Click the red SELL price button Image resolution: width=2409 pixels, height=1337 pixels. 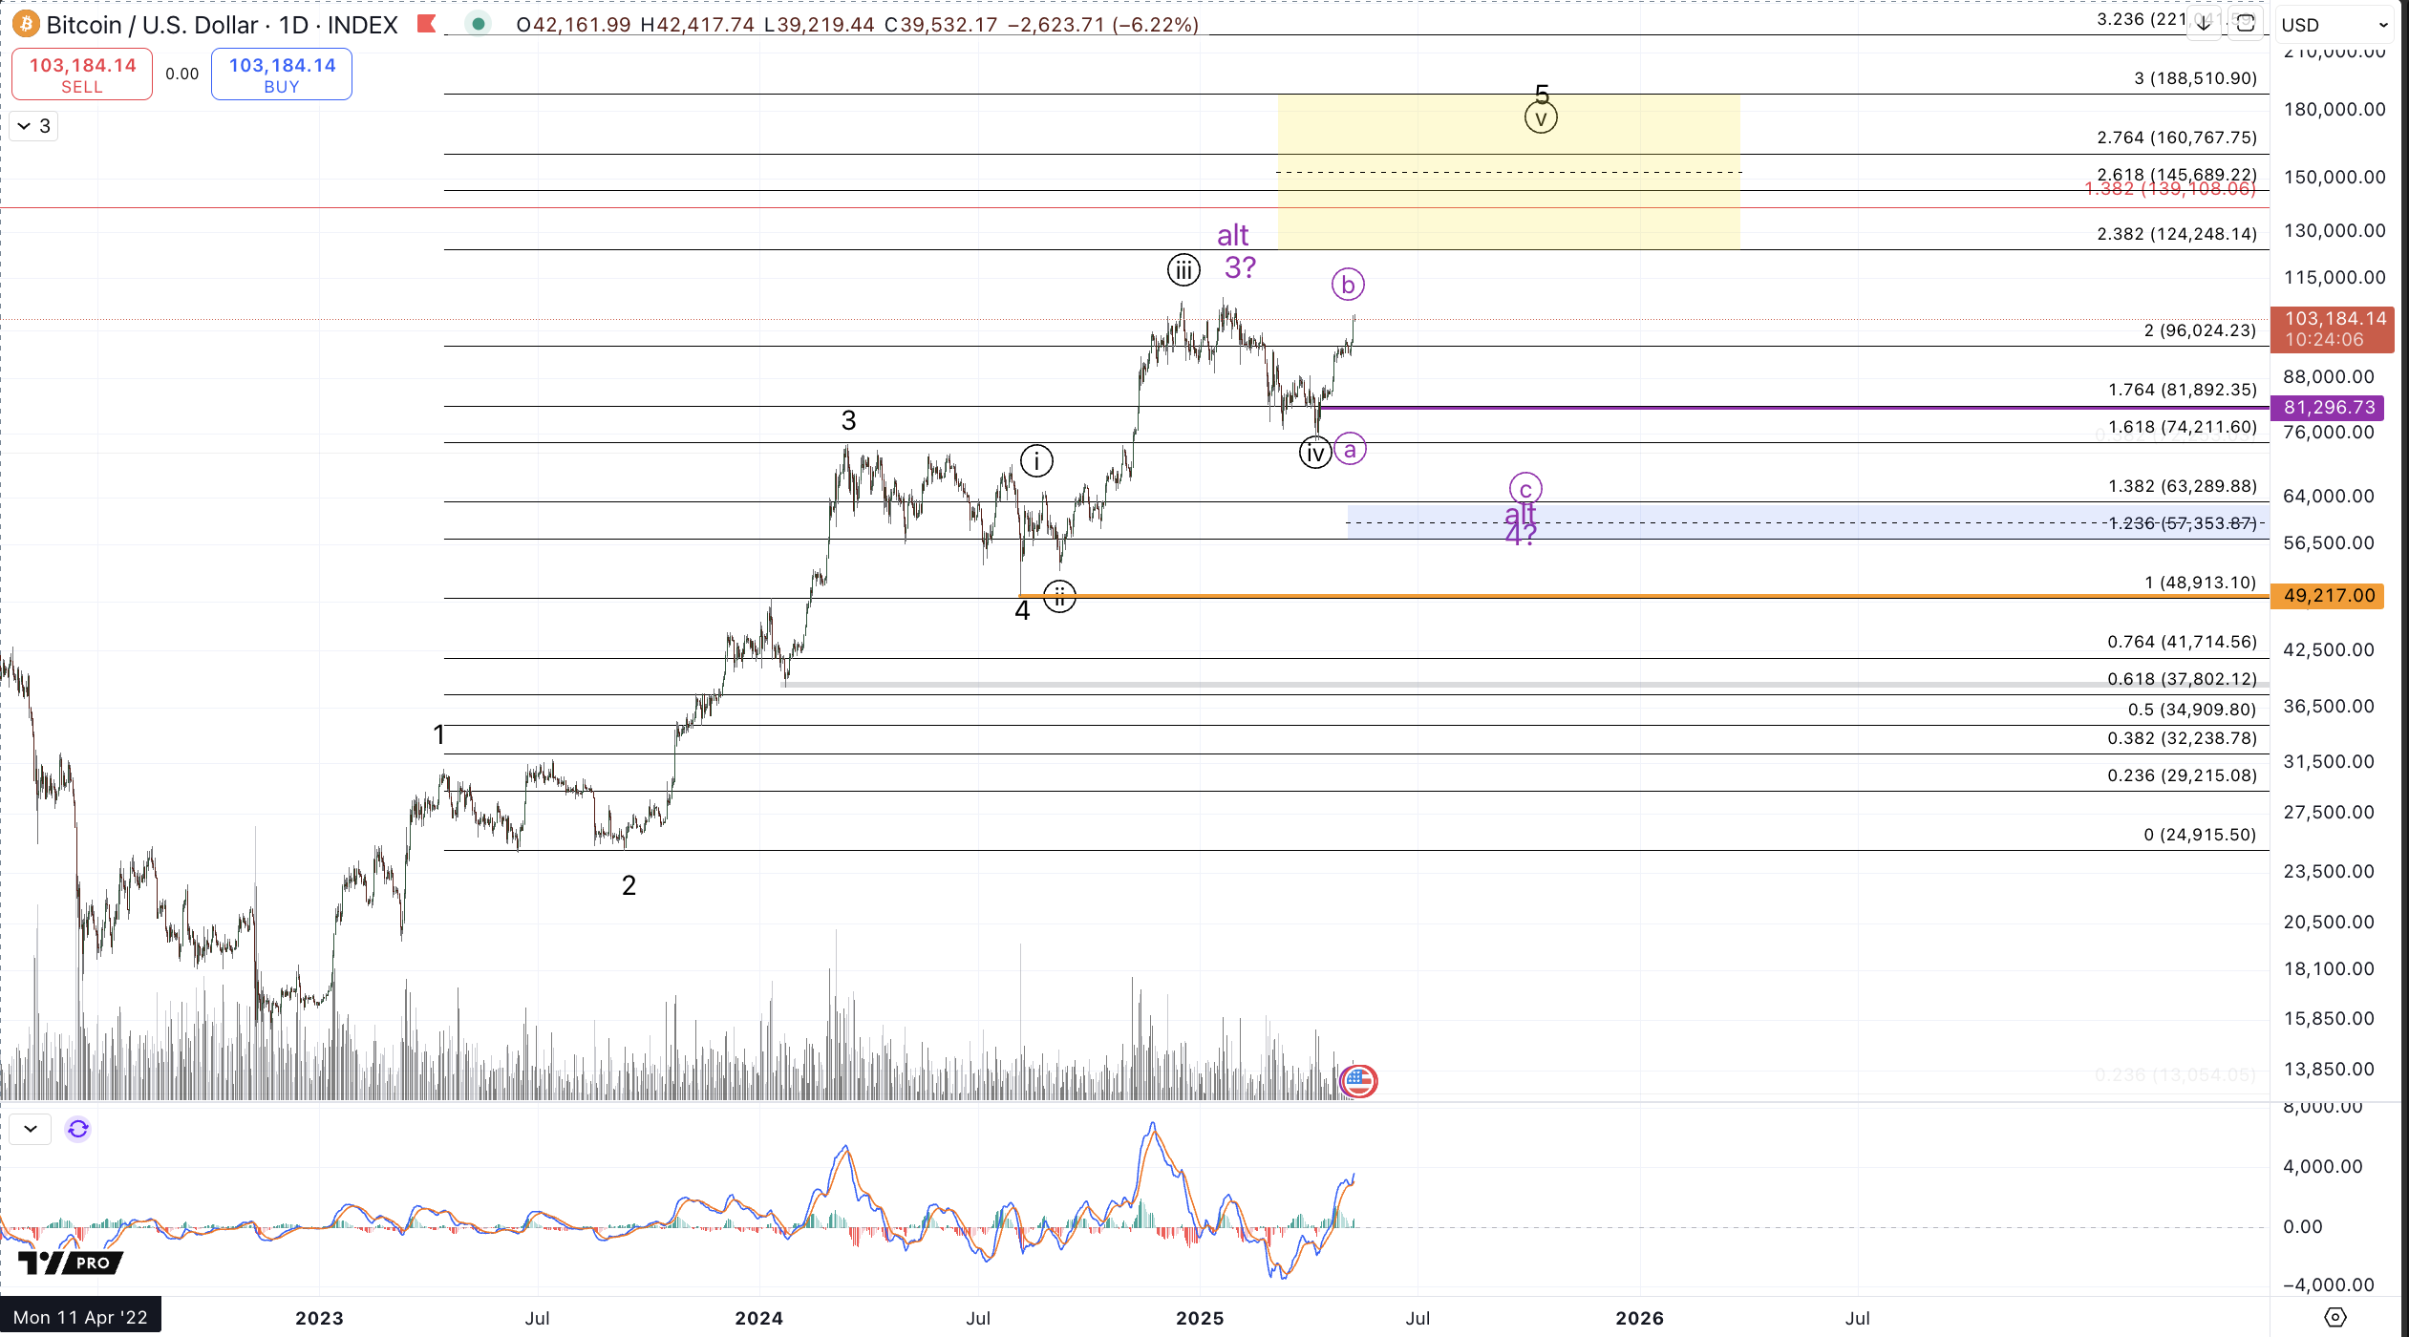coord(82,74)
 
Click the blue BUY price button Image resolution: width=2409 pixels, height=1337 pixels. coord(282,74)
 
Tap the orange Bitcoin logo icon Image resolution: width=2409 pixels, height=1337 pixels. coord(26,24)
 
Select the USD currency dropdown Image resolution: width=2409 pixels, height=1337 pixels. coord(2334,25)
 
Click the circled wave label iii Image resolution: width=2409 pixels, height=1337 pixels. coord(1183,270)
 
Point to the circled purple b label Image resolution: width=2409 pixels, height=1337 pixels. coord(1348,285)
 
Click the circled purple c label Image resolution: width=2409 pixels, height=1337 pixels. coord(1525,489)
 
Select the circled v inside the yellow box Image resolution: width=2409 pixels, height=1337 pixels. coord(1541,118)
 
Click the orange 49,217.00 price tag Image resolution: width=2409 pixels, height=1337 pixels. coord(2328,596)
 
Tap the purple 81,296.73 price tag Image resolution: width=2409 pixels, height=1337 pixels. coord(2328,408)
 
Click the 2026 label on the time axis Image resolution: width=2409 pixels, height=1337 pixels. coord(1639,1318)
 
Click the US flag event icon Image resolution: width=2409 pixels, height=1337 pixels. coord(1358,1081)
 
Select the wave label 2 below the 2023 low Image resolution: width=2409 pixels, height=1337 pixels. coord(629,885)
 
